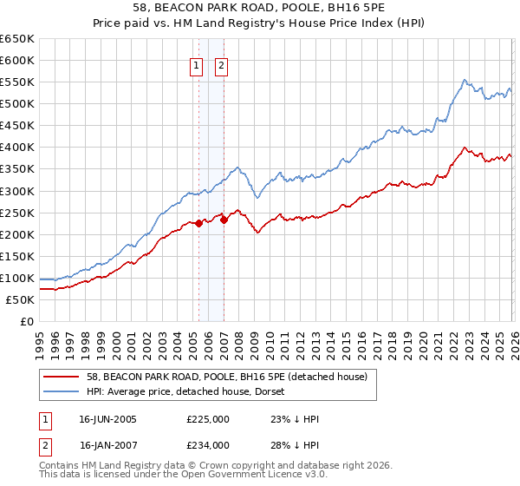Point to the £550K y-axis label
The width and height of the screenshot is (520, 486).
(x=17, y=82)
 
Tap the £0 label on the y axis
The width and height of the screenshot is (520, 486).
(x=26, y=322)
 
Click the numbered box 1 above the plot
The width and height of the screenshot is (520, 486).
(x=198, y=66)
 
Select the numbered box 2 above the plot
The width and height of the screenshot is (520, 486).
(x=220, y=66)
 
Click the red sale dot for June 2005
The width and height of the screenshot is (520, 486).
(x=198, y=223)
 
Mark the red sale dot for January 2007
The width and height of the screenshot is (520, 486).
(x=224, y=220)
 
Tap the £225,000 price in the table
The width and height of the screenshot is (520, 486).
(x=208, y=419)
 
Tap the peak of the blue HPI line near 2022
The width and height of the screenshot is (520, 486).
(x=465, y=80)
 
